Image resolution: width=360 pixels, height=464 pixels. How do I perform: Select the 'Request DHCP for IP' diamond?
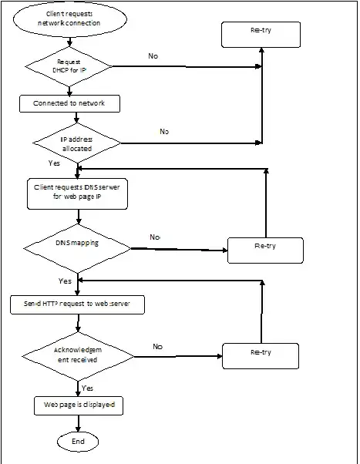click(69, 67)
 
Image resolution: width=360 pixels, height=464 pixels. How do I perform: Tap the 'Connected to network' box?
click(69, 103)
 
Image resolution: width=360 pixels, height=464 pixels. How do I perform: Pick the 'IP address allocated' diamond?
click(76, 142)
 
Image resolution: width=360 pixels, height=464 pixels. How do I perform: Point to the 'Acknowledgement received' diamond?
click(76, 355)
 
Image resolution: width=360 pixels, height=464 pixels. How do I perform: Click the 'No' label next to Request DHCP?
click(154, 56)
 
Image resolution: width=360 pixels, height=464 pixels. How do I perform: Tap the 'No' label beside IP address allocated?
click(164, 132)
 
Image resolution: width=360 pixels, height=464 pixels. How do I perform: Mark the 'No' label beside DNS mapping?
click(155, 237)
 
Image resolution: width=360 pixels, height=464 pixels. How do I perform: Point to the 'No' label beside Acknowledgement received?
click(158, 347)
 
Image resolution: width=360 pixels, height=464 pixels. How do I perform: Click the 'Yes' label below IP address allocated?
click(54, 164)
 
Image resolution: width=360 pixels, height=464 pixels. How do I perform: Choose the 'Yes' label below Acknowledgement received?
click(87, 388)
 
